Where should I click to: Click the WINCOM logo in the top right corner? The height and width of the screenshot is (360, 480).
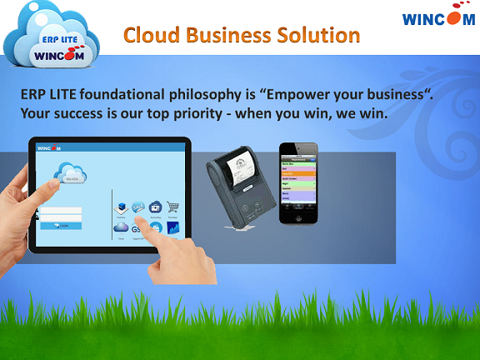[x=438, y=18]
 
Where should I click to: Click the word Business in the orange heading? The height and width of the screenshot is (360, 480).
[x=231, y=36]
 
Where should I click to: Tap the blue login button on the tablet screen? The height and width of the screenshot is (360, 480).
[x=62, y=226]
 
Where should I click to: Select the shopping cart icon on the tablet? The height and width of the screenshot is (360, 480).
[x=173, y=207]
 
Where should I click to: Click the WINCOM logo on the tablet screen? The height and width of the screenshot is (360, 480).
[x=51, y=148]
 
